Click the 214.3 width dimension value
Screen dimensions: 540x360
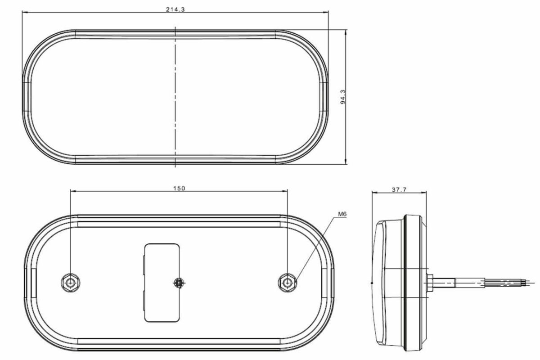[175, 9]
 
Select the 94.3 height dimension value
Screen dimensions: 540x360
[342, 97]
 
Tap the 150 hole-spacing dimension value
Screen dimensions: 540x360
[179, 188]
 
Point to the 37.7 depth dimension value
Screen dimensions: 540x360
[399, 190]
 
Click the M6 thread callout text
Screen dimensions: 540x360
[342, 214]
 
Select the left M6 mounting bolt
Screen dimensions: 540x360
[70, 283]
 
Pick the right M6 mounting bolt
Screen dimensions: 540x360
[288, 283]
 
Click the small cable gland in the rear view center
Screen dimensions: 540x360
[179, 283]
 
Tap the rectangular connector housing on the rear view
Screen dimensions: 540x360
[162, 283]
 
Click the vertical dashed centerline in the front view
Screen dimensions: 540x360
[175, 97]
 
